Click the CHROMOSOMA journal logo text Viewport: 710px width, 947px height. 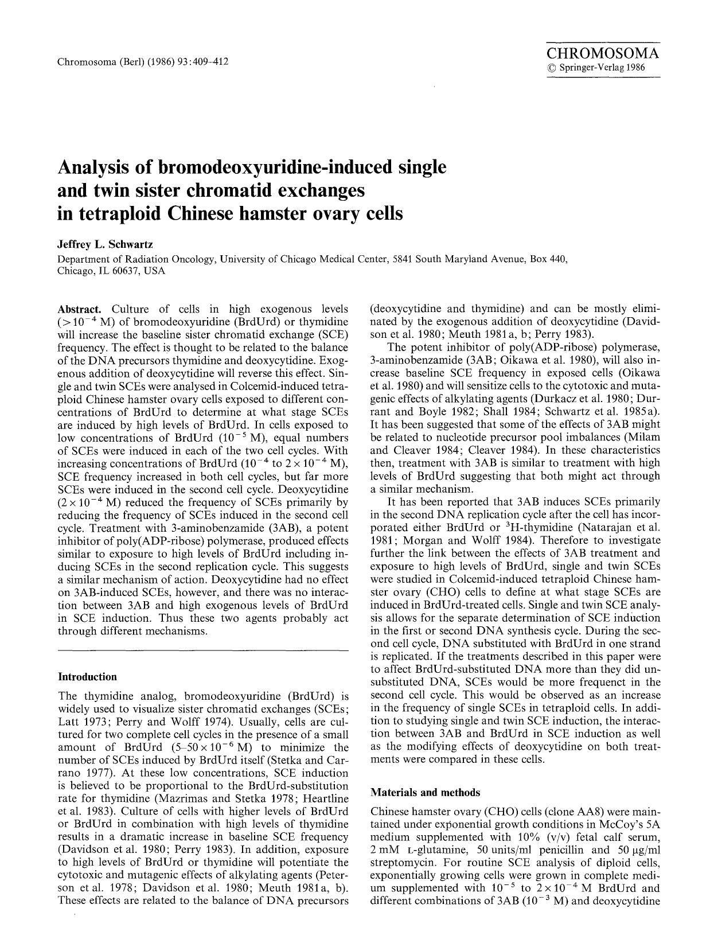click(602, 54)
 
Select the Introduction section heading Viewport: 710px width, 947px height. click(87, 677)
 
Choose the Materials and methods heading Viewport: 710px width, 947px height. click(425, 793)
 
